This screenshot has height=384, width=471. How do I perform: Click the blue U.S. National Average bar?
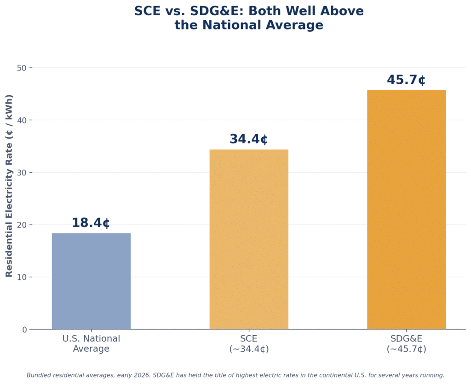coord(92,281)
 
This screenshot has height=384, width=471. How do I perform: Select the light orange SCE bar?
coord(249,239)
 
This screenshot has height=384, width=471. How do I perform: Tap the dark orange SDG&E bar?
coord(407,209)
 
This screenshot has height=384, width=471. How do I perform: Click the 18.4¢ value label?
coord(91,223)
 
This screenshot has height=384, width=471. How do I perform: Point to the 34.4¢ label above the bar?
coord(249,139)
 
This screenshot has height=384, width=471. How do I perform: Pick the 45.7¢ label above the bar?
coord(406,80)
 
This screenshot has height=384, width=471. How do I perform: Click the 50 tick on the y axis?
coord(22,68)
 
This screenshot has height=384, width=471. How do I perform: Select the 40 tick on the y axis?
coord(22,120)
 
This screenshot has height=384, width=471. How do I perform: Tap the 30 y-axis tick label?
coord(22,173)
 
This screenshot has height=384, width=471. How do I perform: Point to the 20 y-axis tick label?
coord(22,225)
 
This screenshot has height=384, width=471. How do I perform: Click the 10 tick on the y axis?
coord(22,277)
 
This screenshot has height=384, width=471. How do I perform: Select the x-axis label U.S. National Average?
coord(91,343)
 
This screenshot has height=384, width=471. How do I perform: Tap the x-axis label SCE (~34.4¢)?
coord(249,343)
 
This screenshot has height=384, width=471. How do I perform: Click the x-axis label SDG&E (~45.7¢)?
coord(407,343)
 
